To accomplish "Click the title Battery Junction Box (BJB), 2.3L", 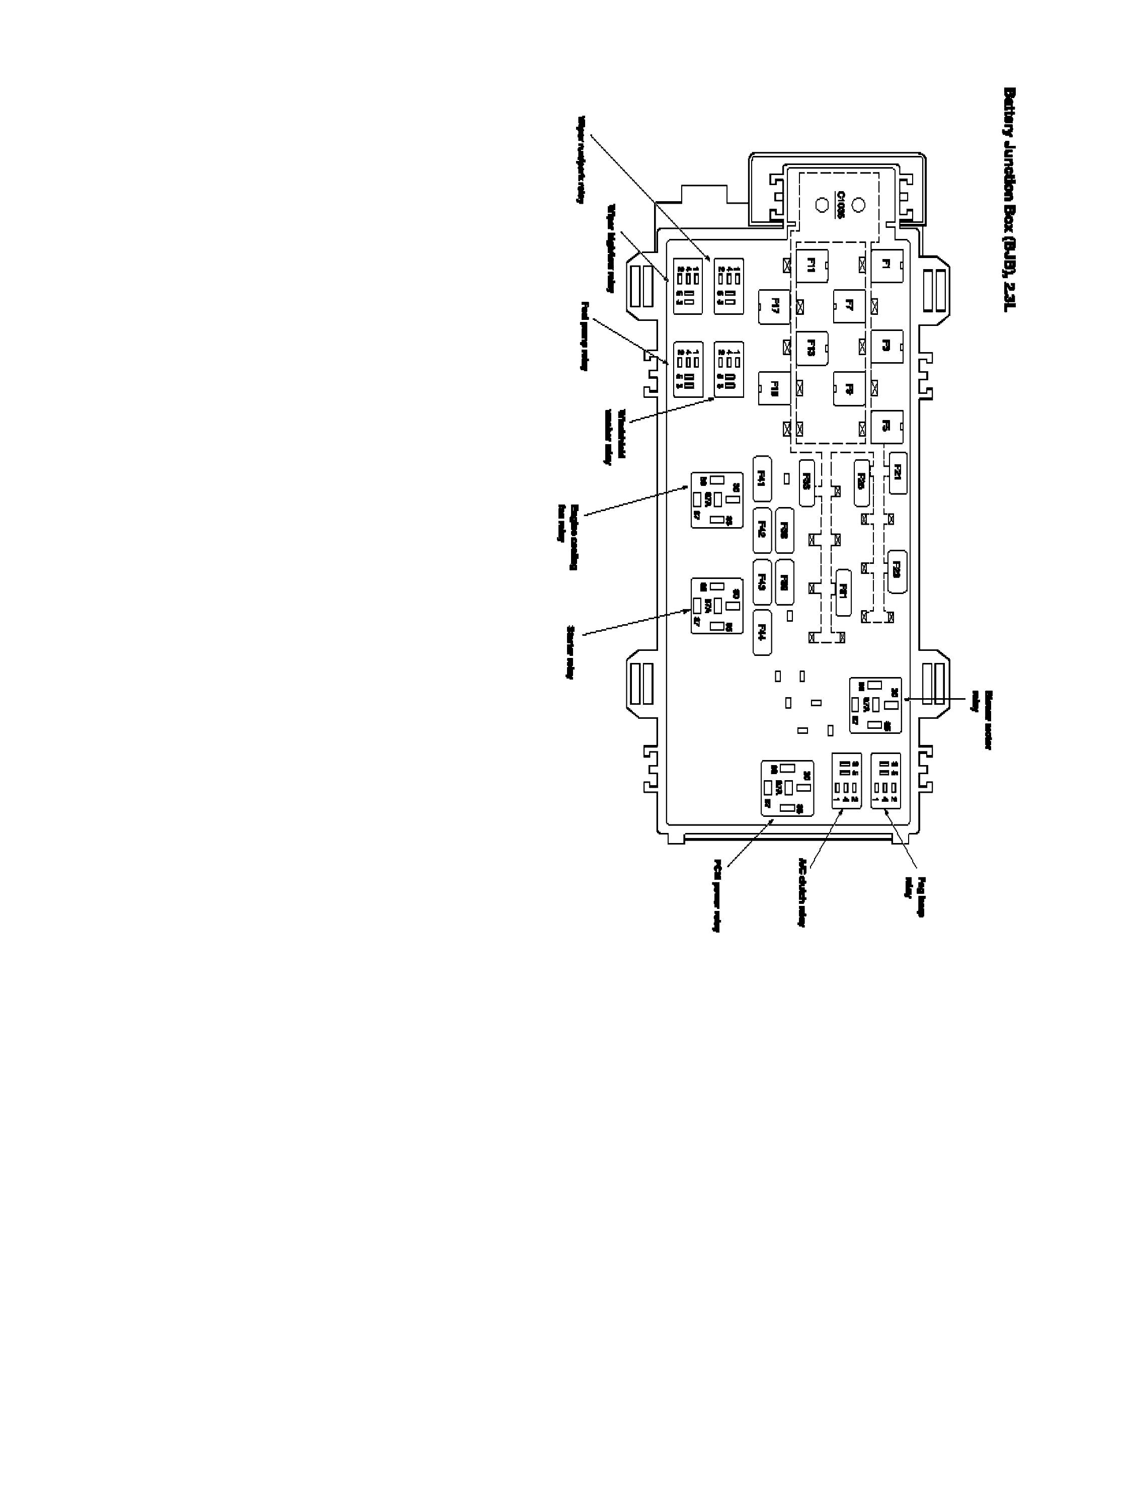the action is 1010,199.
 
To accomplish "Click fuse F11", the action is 812,266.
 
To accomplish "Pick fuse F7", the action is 849,306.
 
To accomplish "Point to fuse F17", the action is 774,306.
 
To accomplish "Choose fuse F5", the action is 886,427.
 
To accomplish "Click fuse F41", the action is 762,479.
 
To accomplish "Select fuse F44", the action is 762,632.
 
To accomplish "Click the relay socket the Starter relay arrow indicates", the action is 716,605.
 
